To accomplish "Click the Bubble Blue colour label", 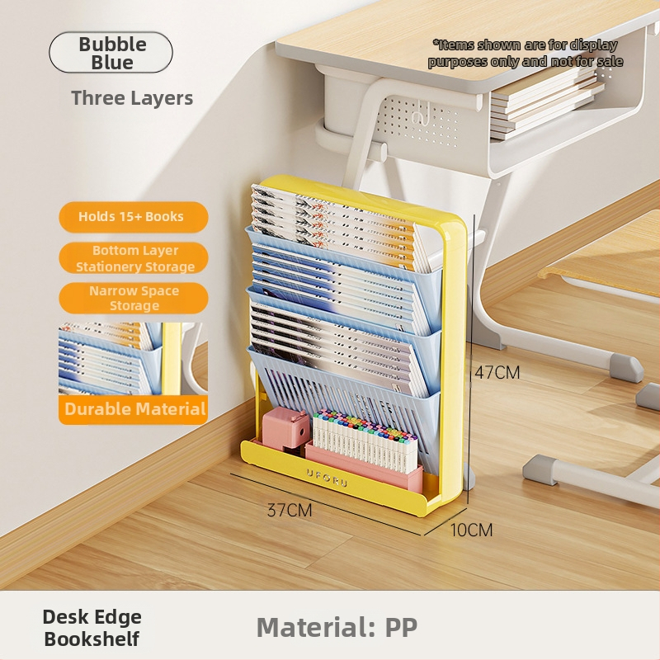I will tap(111, 52).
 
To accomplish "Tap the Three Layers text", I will tap(132, 98).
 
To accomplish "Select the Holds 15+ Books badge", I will tap(132, 217).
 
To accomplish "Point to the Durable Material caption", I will tap(134, 409).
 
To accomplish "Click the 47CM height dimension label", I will tap(497, 372).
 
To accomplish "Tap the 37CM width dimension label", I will tap(289, 510).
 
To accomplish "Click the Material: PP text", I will tap(337, 627).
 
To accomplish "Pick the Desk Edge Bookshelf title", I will tap(92, 627).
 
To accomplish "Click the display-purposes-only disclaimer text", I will tap(526, 53).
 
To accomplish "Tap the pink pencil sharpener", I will tap(285, 428).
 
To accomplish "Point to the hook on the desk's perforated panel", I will tap(422, 116).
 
